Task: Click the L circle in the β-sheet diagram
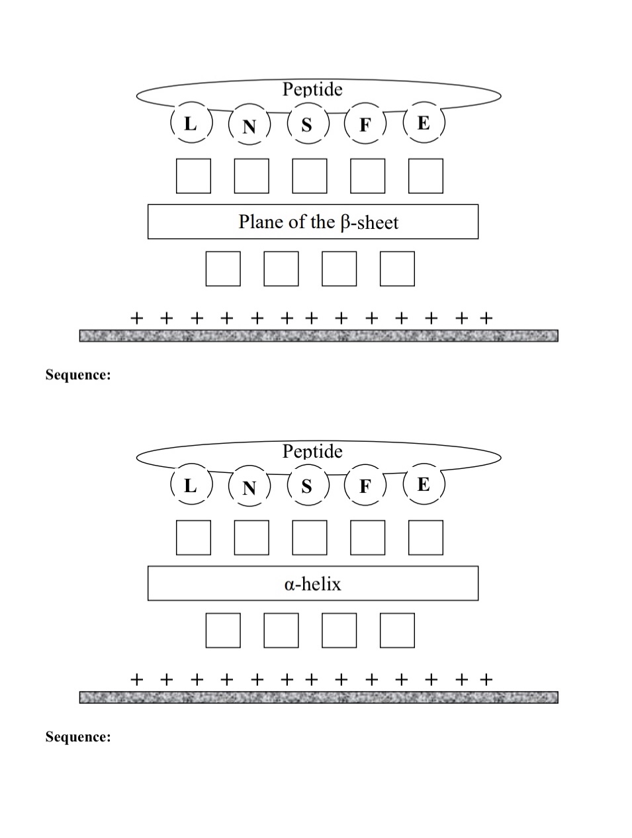click(191, 124)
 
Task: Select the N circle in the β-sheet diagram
click(249, 125)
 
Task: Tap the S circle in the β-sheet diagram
click(306, 124)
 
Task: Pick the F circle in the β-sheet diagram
click(365, 125)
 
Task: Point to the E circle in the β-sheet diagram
click(424, 123)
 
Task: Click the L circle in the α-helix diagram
click(191, 485)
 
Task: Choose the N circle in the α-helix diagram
click(249, 487)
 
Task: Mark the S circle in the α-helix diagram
click(306, 486)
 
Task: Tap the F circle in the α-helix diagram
click(365, 487)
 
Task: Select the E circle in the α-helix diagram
click(424, 485)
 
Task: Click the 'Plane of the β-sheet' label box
click(312, 222)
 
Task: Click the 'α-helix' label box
click(312, 583)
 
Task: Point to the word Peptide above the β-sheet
click(312, 89)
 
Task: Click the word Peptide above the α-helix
click(312, 451)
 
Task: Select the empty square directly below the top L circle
click(193, 176)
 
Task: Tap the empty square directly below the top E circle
click(426, 176)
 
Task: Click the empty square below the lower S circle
click(310, 538)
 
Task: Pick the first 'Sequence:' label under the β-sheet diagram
click(78, 375)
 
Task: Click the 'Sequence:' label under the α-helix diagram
click(78, 737)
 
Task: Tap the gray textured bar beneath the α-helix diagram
click(318, 697)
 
